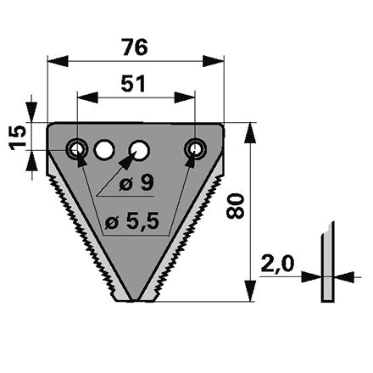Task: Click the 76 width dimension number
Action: pyautogui.click(x=135, y=47)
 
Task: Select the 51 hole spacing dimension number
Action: pyautogui.click(x=133, y=84)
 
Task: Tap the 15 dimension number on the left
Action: pyautogui.click(x=18, y=138)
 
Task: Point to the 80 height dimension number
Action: pyautogui.click(x=235, y=206)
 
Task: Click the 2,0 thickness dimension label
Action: pyautogui.click(x=277, y=264)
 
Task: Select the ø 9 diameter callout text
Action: pyautogui.click(x=136, y=183)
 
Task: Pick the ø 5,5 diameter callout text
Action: pyautogui.click(x=131, y=221)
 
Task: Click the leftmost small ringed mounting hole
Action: pyautogui.click(x=76, y=148)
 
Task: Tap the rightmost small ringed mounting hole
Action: pyautogui.click(x=195, y=148)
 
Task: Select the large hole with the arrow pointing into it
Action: pyautogui.click(x=139, y=149)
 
